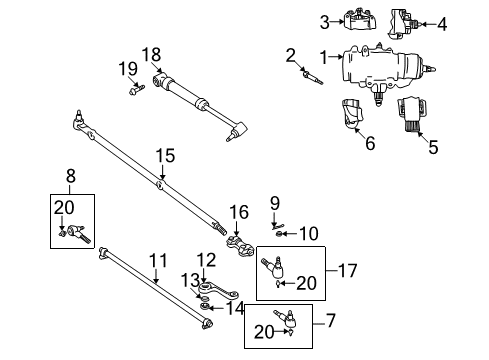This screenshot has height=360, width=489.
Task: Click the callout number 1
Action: [323, 56]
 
